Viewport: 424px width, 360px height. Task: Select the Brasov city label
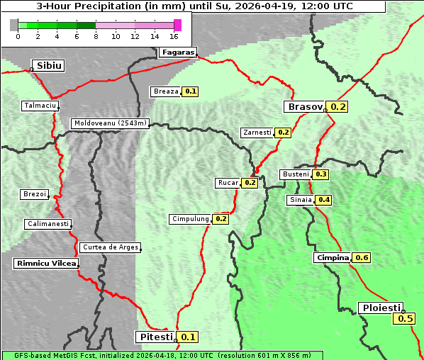[x=303, y=107]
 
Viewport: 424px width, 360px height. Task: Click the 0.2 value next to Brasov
[x=337, y=107]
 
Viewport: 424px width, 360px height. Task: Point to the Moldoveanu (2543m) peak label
[x=111, y=123]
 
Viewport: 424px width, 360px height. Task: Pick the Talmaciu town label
[x=40, y=106]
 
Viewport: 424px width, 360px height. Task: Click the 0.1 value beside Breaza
[x=190, y=91]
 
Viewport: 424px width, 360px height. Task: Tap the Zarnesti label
[x=257, y=133]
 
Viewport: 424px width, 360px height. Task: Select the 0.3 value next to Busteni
[x=321, y=174]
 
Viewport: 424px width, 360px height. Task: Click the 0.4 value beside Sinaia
[x=324, y=200]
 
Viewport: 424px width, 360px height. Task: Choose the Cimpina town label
[x=332, y=258]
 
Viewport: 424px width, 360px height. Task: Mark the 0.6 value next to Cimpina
[x=362, y=258]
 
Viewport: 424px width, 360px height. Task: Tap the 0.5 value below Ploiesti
[x=406, y=319]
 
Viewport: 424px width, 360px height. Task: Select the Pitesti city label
[x=155, y=337]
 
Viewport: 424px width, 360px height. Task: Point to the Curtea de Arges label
[x=110, y=247]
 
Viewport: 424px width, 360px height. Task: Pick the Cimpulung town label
[x=190, y=220]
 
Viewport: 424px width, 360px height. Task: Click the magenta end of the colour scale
[x=177, y=25]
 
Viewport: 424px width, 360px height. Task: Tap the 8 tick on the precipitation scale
[x=96, y=36]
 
